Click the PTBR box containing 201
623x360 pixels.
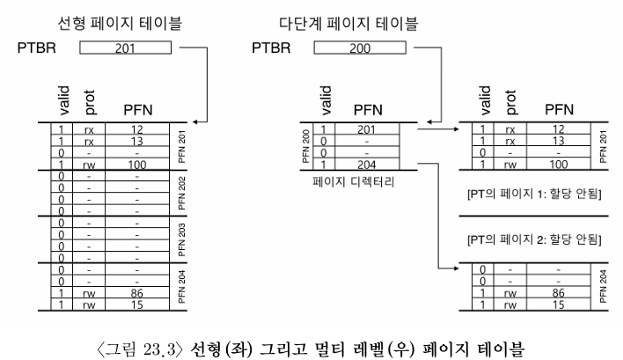point(125,48)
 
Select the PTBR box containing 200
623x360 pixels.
point(360,48)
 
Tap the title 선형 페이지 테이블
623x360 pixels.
point(120,23)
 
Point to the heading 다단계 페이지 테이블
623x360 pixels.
point(348,23)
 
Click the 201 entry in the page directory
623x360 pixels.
point(366,129)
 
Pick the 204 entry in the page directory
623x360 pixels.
point(366,165)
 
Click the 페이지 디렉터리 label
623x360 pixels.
point(353,182)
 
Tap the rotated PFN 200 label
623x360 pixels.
point(306,146)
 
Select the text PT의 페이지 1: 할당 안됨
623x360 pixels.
point(534,194)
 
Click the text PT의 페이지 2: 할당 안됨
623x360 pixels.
point(534,239)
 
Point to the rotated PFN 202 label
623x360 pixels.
point(181,193)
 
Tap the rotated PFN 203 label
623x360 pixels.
point(181,240)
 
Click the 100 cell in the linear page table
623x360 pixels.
point(137,165)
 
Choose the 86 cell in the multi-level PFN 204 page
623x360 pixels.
point(558,293)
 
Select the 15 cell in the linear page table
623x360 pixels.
point(136,305)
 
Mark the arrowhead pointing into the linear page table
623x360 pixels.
point(194,121)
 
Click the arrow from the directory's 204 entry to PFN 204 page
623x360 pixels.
point(438,216)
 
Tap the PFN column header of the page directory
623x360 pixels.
point(368,110)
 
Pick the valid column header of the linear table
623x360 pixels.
point(63,100)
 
